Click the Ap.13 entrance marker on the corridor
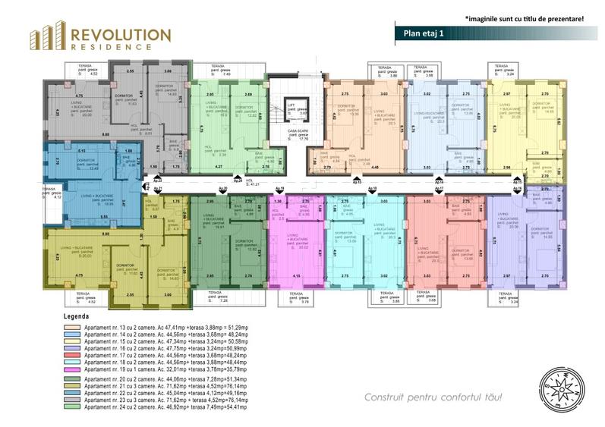pos(356,183)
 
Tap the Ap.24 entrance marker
pos(238,181)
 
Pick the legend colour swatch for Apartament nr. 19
pos(72,367)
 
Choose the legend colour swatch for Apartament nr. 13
pos(72,324)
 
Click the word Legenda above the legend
pos(76,316)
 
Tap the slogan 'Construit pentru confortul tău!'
pos(433,397)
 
